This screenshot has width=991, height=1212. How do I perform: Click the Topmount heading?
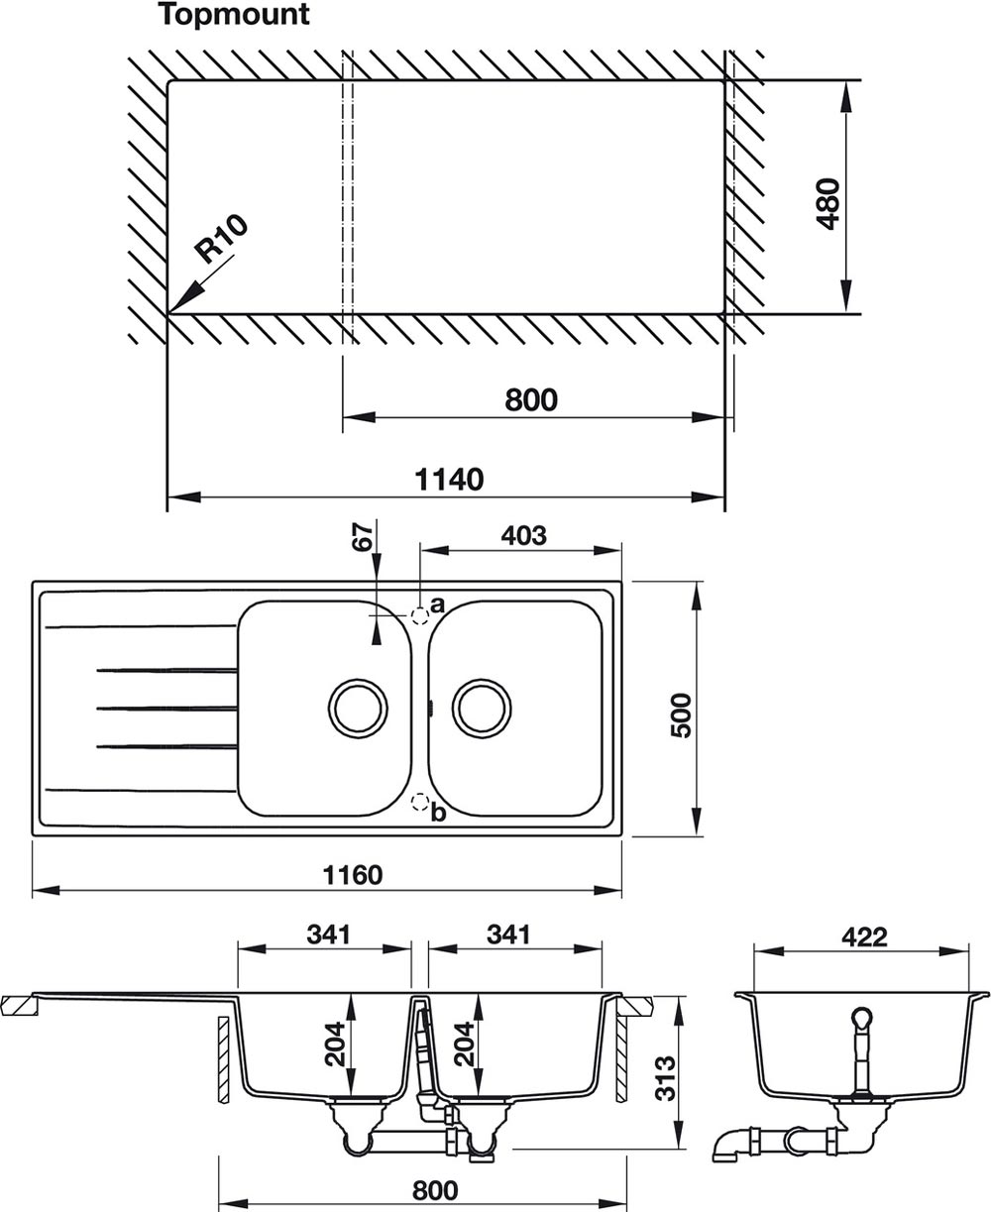[x=233, y=15]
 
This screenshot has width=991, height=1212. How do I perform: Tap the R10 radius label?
[x=221, y=238]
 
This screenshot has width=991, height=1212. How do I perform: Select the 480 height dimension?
[x=828, y=204]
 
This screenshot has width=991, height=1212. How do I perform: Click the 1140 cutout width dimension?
[x=449, y=480]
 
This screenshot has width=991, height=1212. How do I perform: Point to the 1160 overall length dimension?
[x=353, y=875]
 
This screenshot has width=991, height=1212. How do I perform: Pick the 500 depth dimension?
[x=682, y=716]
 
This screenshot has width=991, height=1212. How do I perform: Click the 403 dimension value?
[x=523, y=535]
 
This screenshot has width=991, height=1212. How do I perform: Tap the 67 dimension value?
[x=363, y=536]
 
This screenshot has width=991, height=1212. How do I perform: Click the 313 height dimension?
[x=666, y=1078]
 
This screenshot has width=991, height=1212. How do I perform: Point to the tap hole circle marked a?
[x=420, y=616]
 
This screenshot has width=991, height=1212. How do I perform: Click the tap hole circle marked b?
[x=420, y=801]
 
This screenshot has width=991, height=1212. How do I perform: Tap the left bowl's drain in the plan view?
[x=358, y=709]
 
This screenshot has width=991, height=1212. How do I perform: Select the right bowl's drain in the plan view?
[x=482, y=709]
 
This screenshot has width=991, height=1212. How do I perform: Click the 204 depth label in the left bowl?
[x=335, y=1045]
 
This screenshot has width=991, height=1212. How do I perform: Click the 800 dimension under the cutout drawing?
[x=531, y=400]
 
